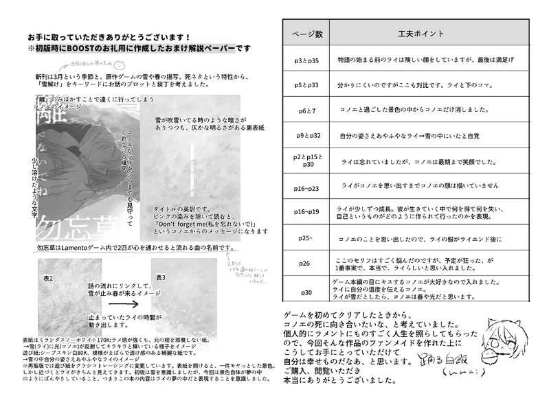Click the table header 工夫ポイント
click(x=421, y=33)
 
